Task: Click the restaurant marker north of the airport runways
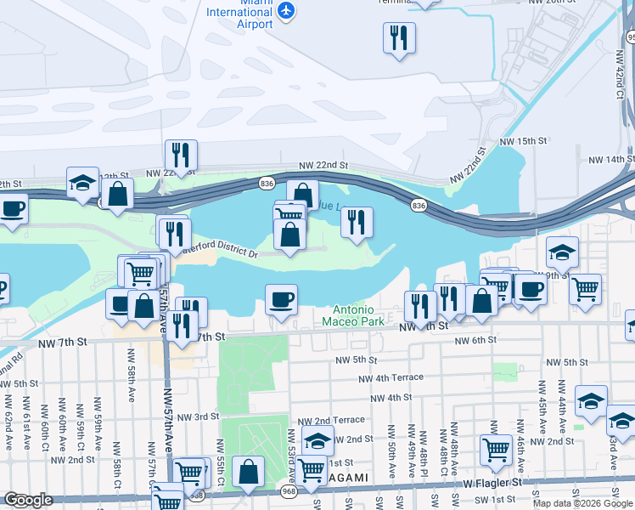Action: tap(398, 38)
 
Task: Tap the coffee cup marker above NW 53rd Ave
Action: tap(281, 300)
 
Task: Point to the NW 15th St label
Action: tap(521, 141)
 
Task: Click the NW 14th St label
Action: tap(609, 159)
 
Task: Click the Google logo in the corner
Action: tap(28, 500)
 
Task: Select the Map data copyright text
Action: tap(582, 503)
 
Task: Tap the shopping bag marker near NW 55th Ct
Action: tap(247, 473)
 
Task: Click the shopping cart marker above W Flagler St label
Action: tap(497, 451)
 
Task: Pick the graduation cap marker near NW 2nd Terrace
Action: tap(317, 441)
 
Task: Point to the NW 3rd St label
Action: tap(194, 416)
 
